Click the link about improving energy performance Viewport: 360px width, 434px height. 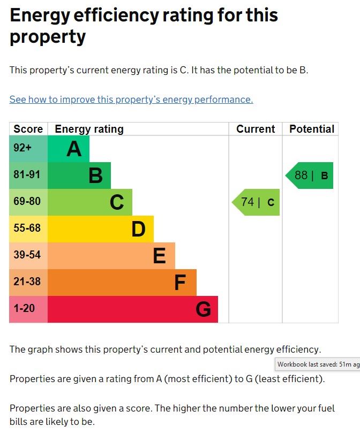pos(131,100)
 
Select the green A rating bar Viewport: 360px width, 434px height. pos(69,149)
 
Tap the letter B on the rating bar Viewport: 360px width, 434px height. pos(95,176)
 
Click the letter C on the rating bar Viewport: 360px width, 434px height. pos(117,202)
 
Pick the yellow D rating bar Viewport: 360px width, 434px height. pos(101,229)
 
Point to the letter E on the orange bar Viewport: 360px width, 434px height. pos(159,256)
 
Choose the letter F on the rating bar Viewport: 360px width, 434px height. pos(180,283)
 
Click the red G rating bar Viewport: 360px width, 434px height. pos(133,309)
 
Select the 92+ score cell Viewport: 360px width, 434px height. pos(28,149)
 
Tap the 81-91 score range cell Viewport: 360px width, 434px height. pos(28,176)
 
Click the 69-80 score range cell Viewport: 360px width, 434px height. pos(28,202)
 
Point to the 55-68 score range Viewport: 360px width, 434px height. pos(28,229)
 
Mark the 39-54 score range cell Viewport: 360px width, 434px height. pos(28,256)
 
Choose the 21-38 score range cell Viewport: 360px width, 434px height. pos(28,283)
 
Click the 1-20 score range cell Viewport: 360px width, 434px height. pos(28,309)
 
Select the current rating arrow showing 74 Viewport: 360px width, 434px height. pos(257,202)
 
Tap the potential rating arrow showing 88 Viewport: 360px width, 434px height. pos(310,176)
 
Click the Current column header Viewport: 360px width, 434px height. pos(256,129)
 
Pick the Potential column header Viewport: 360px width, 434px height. pos(311,129)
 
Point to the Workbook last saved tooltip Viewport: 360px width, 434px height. pos(318,364)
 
